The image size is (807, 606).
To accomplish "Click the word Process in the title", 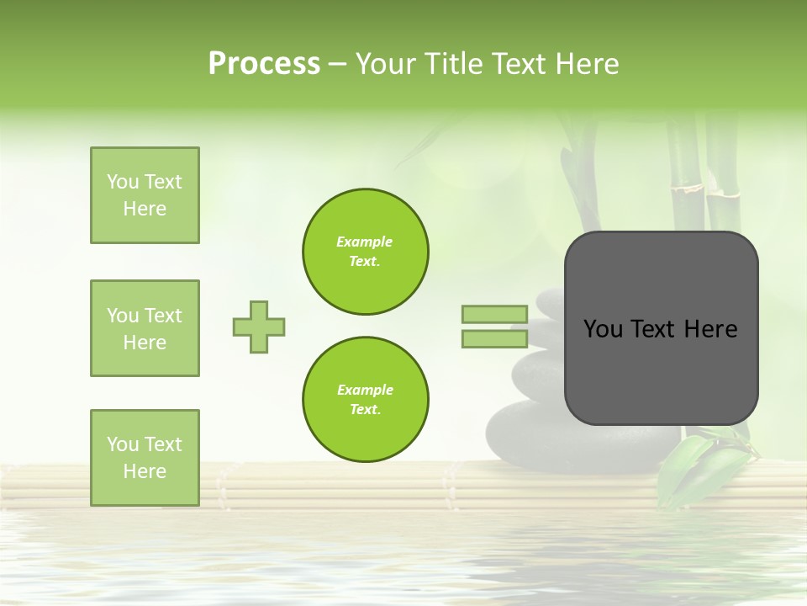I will click(264, 64).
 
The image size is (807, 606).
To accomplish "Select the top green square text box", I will click(145, 195).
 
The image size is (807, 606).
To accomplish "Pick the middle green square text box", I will click(145, 328).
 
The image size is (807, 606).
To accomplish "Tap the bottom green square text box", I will click(145, 458).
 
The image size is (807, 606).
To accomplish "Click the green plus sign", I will click(259, 327).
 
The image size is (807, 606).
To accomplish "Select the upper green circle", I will click(366, 252).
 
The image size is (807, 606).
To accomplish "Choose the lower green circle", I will click(366, 400).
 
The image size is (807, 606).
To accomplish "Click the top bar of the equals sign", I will click(494, 315).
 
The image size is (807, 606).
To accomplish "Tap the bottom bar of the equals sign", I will click(494, 339).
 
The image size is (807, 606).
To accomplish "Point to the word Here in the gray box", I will click(710, 329).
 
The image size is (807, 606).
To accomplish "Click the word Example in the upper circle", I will click(365, 242).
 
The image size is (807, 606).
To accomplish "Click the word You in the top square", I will click(122, 182).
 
